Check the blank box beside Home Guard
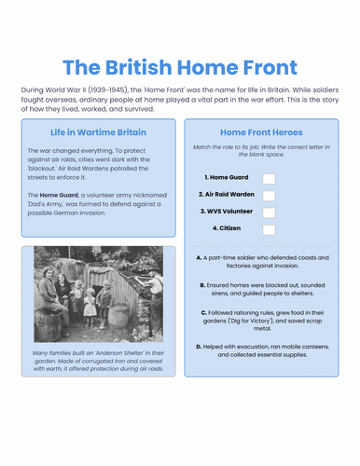pos(269,177)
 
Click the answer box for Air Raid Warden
pos(269,195)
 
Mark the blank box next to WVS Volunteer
pos(269,212)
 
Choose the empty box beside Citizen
pos(269,229)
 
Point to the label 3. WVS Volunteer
pos(228,212)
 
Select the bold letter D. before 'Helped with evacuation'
pos(201,346)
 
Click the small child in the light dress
pos(90,301)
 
